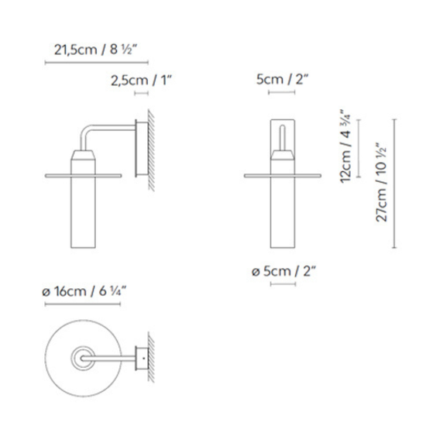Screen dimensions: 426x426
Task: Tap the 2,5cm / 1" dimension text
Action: pyautogui.click(x=142, y=80)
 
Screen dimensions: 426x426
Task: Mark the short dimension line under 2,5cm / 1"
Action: pyautogui.click(x=141, y=92)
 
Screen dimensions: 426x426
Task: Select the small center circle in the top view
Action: pyautogui.click(x=81, y=358)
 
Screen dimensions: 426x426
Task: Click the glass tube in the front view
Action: pyautogui.click(x=283, y=217)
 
